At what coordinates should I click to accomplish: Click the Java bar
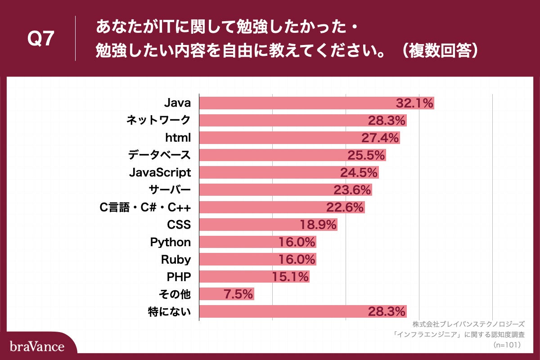point(297,103)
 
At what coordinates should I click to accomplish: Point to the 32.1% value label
point(414,103)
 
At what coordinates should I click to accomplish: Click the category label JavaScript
point(160,172)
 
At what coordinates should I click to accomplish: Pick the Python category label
point(171,242)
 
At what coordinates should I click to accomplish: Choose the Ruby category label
point(176,259)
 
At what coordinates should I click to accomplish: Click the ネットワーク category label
point(158,120)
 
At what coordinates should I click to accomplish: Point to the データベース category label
point(159,155)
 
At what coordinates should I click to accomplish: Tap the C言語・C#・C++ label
point(145,207)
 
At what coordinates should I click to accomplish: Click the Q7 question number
point(41,39)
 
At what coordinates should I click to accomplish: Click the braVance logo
point(37,346)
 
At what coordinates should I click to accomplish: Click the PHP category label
point(179,277)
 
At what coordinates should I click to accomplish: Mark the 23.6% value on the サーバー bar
point(352,190)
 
